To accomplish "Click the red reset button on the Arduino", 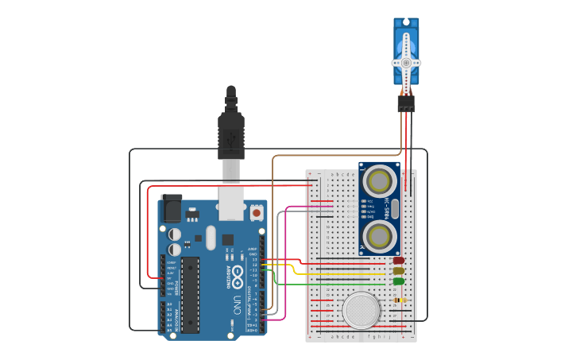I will click(x=256, y=212).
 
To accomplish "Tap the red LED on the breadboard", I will click(x=398, y=260).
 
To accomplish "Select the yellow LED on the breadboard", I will click(x=398, y=271).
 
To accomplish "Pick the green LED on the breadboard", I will click(x=398, y=281).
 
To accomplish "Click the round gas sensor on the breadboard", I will click(x=361, y=310).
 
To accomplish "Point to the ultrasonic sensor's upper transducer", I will click(x=380, y=178).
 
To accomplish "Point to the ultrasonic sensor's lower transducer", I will click(x=380, y=235).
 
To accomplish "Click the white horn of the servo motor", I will click(x=406, y=62).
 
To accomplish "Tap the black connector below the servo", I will click(x=406, y=103).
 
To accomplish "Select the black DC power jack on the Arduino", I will click(x=171, y=207).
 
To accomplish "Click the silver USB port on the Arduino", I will click(x=231, y=203).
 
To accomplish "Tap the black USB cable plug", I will click(x=230, y=135).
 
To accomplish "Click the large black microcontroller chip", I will click(x=191, y=294).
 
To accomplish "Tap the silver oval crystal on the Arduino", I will click(x=210, y=237).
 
